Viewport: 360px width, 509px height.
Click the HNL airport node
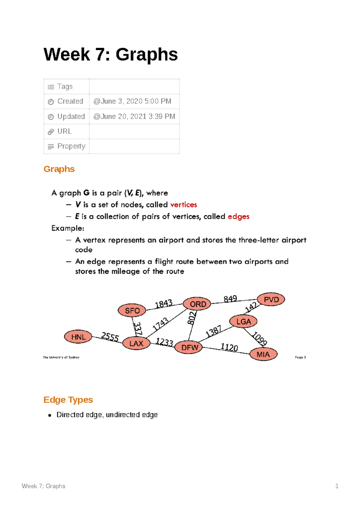[78, 337]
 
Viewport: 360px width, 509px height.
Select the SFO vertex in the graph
[132, 311]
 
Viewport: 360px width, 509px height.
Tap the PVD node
[271, 299]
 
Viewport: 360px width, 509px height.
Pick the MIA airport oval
[263, 354]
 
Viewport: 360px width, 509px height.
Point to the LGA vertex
[243, 322]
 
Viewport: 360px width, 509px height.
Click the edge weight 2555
[110, 337]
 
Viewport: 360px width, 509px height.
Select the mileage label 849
[230, 299]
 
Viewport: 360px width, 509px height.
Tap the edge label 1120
[229, 347]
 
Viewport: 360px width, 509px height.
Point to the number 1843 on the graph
[163, 304]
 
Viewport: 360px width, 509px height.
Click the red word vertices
[184, 205]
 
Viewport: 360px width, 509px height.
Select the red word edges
[238, 216]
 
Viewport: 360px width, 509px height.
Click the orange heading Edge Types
[68, 400]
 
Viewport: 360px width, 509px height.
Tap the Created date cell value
[132, 101]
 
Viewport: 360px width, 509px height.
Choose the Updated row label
[71, 116]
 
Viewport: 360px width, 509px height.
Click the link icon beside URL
[51, 132]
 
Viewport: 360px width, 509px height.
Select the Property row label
[71, 146]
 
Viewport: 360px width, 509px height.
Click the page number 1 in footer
[337, 486]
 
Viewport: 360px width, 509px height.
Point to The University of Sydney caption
[61, 357]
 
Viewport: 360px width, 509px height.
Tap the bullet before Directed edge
[50, 415]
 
